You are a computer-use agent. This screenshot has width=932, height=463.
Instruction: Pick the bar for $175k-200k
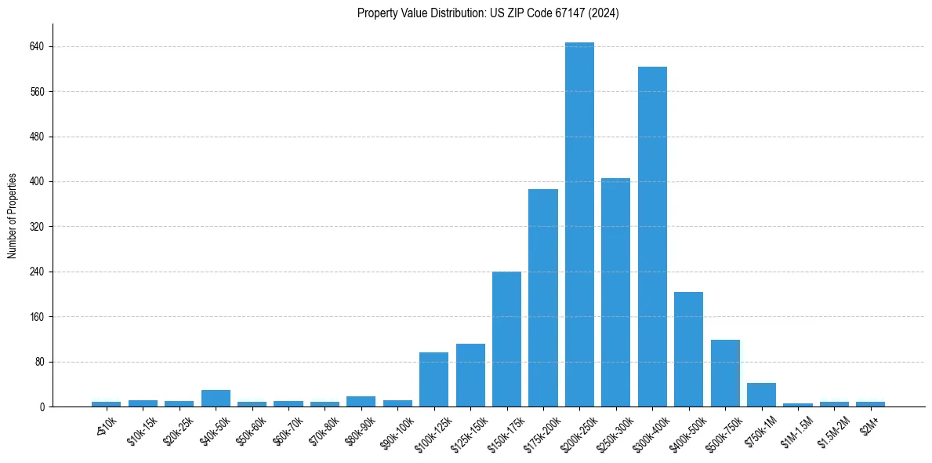pos(542,298)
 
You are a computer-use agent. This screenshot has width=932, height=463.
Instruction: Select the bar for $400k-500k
pos(688,349)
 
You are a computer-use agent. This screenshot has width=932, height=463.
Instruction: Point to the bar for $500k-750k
pos(725,374)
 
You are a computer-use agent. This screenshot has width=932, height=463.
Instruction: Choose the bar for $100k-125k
pos(433,380)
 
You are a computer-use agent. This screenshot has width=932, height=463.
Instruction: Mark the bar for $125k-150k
pos(470,375)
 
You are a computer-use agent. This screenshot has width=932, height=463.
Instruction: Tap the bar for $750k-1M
pos(761,395)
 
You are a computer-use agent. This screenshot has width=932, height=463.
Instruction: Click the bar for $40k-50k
pos(216,399)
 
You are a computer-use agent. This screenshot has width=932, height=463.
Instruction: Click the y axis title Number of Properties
pos(13,216)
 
